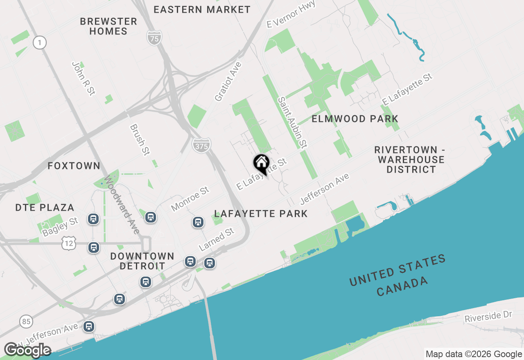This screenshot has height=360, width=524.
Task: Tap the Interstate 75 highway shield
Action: (154, 38)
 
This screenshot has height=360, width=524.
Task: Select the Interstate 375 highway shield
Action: (201, 145)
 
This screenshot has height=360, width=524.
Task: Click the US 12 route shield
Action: (68, 243)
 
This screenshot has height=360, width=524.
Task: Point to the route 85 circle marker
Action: (27, 322)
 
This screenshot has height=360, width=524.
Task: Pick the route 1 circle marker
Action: (40, 42)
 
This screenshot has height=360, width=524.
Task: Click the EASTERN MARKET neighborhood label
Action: (202, 9)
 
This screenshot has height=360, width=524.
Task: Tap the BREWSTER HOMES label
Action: (108, 26)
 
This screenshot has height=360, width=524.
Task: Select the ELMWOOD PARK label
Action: (355, 119)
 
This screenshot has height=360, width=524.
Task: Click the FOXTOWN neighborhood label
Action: (74, 166)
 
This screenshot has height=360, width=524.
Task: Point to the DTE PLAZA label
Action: (45, 207)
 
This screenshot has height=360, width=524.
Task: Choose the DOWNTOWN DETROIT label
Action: (142, 261)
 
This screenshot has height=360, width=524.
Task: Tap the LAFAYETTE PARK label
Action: (261, 214)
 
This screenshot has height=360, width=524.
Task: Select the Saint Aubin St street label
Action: (292, 122)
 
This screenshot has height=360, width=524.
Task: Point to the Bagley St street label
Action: (60, 227)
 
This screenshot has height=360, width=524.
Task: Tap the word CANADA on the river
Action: (402, 286)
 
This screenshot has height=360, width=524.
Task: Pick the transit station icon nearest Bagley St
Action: (93, 219)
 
